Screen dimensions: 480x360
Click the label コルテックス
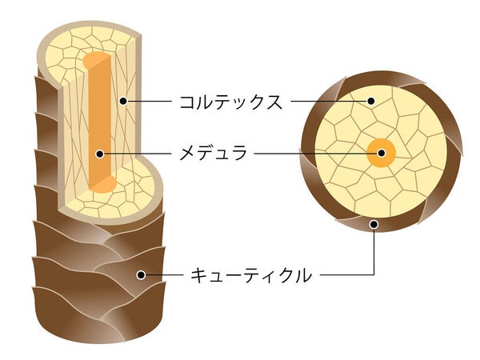click(230, 102)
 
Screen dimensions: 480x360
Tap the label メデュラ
click(213, 153)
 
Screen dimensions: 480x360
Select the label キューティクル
click(251, 275)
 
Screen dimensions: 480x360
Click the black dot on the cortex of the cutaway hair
click(123, 101)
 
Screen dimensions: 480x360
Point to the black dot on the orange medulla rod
click(99, 154)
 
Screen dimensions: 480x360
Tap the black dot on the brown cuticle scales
click(141, 275)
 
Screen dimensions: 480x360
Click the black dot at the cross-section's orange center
click(382, 153)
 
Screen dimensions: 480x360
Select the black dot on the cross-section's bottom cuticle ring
click(374, 224)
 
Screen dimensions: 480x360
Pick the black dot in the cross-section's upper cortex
click(371, 101)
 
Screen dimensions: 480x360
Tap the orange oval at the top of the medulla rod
click(95, 60)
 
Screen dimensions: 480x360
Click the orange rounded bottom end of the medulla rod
click(104, 184)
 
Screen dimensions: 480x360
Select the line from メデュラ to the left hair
click(136, 154)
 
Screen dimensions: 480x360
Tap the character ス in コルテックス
click(272, 102)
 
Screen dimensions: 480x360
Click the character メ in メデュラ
click(187, 154)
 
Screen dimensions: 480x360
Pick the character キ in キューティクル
click(198, 275)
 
